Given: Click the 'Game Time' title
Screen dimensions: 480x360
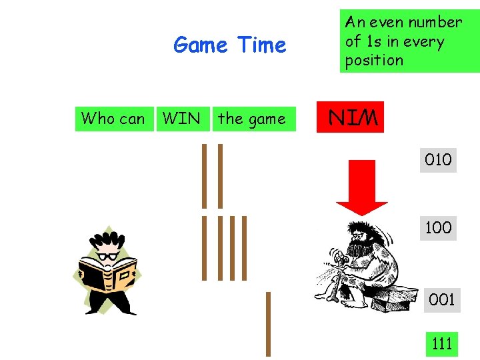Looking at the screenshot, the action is [x=229, y=45].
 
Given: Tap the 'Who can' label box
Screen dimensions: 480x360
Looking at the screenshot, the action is [x=113, y=119].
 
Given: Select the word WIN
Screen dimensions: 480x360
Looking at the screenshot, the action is [x=181, y=119].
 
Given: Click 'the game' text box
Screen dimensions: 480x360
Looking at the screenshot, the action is [x=251, y=119].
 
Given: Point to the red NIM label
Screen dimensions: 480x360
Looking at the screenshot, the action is [x=353, y=119].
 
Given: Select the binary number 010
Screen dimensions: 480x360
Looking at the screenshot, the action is [x=438, y=159].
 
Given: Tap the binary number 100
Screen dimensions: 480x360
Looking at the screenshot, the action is [x=438, y=227].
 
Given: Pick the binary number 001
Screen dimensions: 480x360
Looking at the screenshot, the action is [x=441, y=299].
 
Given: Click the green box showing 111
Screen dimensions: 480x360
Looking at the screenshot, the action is [x=442, y=343].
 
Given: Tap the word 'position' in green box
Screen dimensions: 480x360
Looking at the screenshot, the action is [x=374, y=60].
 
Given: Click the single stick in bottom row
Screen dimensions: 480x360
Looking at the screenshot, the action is [x=268, y=324].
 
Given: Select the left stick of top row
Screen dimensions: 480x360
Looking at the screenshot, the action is [x=205, y=176].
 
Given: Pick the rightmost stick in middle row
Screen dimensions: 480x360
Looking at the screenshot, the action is [x=244, y=248].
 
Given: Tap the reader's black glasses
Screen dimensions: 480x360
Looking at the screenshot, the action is [x=107, y=255].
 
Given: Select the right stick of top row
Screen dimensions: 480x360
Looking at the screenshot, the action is [x=220, y=176].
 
